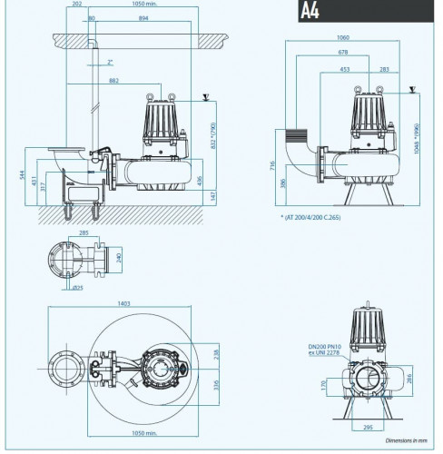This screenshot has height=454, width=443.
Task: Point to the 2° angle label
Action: [109, 63]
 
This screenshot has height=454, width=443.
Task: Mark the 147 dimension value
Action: [211, 194]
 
